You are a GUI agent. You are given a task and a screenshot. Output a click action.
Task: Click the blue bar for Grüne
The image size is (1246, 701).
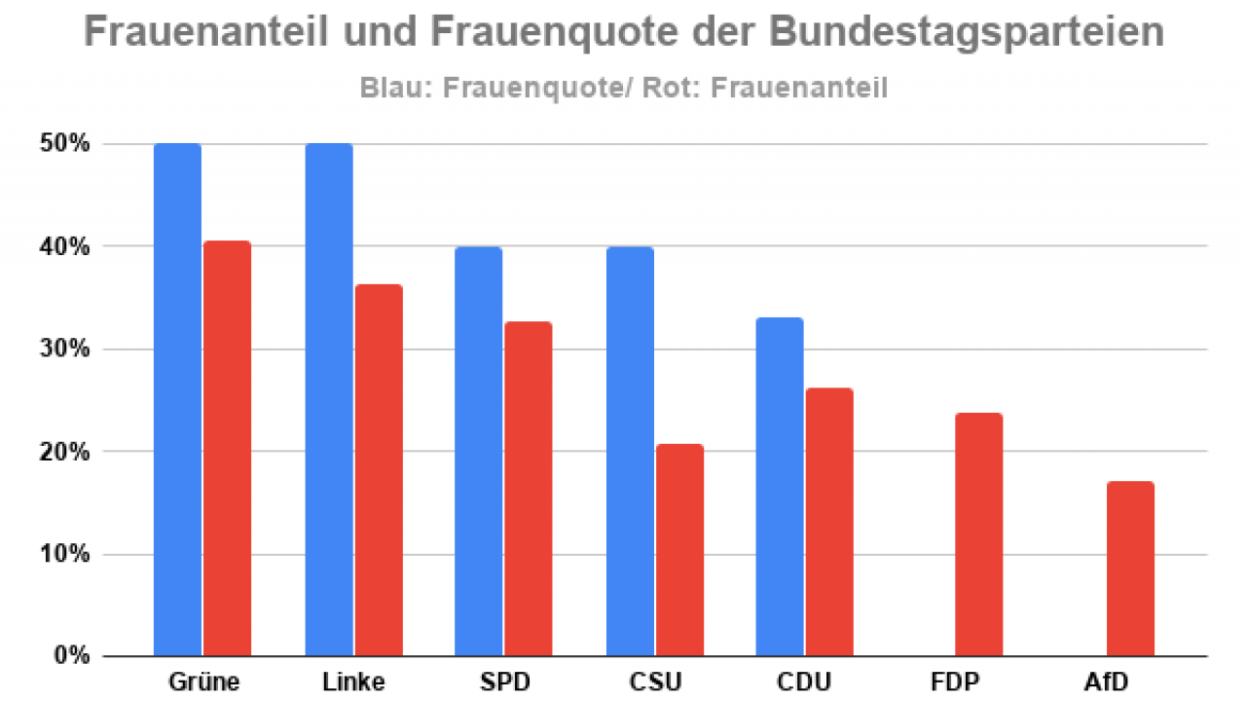coord(178,399)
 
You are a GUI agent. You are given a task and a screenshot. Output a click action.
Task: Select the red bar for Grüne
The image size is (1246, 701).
coord(228,448)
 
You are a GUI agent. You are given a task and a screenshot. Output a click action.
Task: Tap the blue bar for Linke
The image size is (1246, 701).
coord(329,399)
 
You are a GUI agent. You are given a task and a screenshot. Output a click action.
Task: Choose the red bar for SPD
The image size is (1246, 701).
coord(529,488)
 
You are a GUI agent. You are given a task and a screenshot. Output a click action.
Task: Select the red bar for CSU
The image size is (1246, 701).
coord(679,549)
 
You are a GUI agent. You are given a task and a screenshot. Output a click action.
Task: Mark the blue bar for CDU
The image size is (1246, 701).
coord(780,487)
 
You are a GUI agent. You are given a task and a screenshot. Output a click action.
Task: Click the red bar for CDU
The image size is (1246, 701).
coord(829,522)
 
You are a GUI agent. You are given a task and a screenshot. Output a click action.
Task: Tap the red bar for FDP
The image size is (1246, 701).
coord(979,534)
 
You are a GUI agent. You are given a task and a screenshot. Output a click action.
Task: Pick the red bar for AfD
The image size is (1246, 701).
coord(1130,569)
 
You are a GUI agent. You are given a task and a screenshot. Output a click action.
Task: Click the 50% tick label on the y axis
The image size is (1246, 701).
coord(66,144)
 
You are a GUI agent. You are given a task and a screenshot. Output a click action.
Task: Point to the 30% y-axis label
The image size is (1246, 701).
coord(66,349)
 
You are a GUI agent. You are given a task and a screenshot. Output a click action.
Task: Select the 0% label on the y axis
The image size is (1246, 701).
coord(71,655)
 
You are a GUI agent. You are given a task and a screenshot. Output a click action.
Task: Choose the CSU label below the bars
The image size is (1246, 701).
coord(654,680)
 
